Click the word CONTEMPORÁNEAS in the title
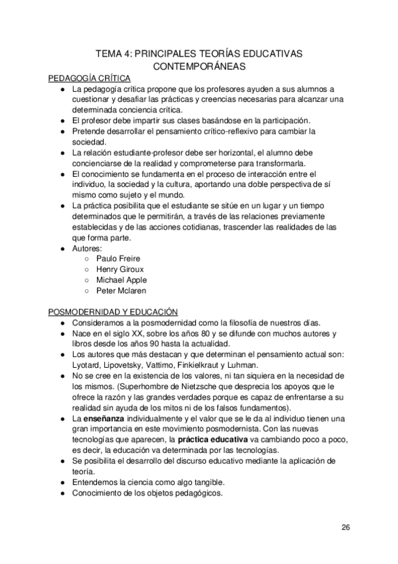point(199,67)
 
